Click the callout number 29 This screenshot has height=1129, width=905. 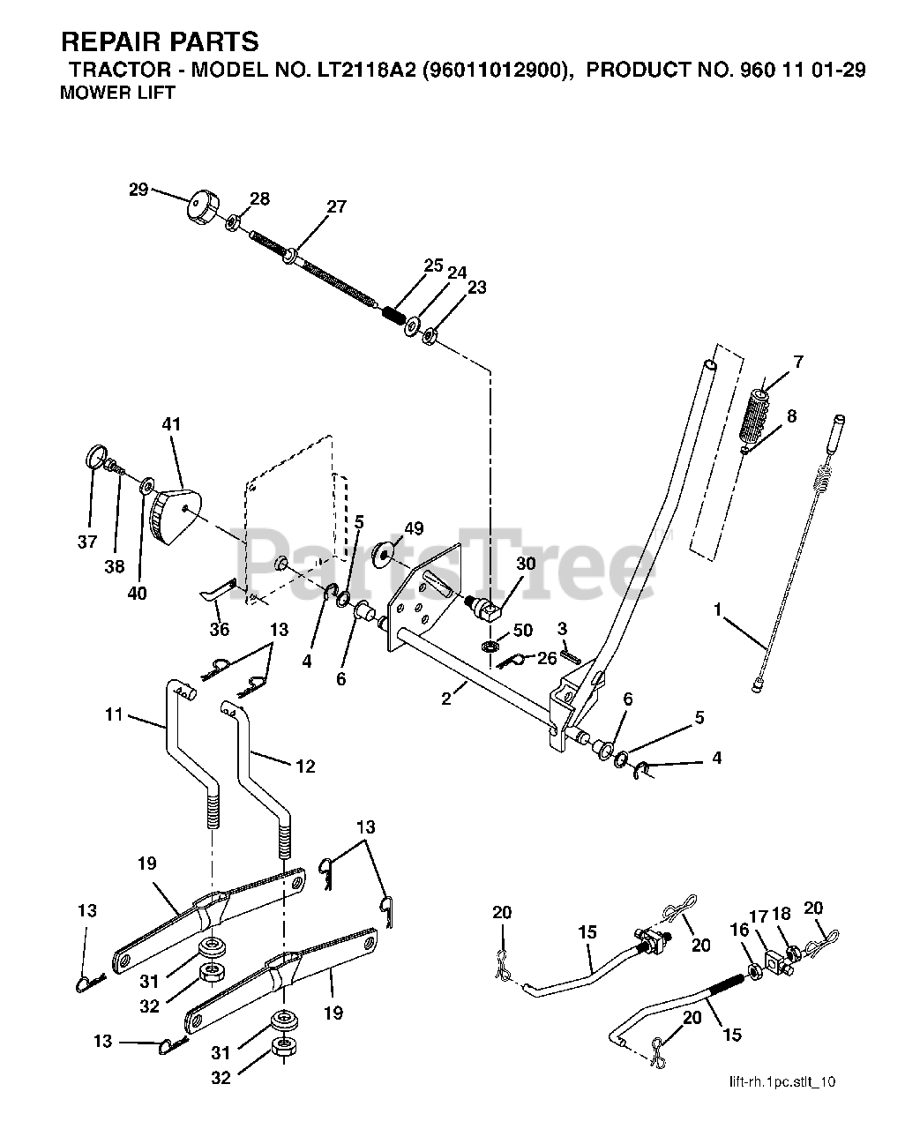tap(138, 190)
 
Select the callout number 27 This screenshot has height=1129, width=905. tap(336, 207)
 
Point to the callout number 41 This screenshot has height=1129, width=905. tap(171, 424)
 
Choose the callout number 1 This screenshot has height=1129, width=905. tap(718, 609)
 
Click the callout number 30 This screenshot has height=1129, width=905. tap(526, 564)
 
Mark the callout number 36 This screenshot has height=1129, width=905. tap(219, 629)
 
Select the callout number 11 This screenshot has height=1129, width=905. tap(115, 715)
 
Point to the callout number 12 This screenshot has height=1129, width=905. tap(304, 766)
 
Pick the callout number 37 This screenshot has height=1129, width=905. tap(86, 542)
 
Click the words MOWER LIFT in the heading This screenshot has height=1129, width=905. tap(117, 92)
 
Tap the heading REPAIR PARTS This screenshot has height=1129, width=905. tap(160, 41)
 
